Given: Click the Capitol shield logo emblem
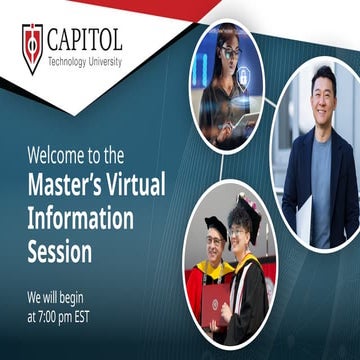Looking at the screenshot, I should click(x=32, y=48).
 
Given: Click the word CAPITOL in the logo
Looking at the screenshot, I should click(x=84, y=41).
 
